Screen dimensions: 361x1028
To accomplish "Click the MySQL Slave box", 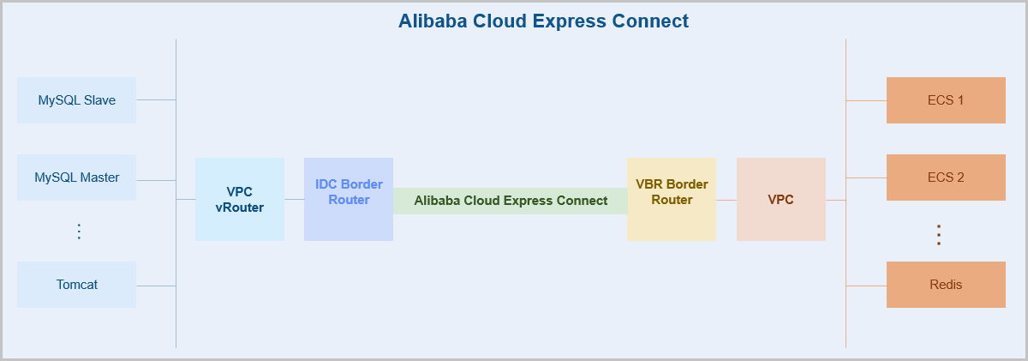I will pos(76,100).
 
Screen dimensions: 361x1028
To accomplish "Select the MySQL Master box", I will pos(76,177).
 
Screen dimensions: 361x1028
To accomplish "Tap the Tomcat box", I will pos(76,285).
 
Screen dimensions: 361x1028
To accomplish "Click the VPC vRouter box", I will pos(240,199).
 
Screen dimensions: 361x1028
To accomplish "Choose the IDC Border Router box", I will pos(349,199).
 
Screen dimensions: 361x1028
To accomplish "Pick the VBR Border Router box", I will pos(672,199).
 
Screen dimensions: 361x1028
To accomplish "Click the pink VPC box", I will pos(780,199).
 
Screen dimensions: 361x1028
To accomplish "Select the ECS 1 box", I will pos(946,100).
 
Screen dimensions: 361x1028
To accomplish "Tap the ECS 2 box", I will pos(946,177).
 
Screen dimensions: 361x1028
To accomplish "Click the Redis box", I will pos(946,285).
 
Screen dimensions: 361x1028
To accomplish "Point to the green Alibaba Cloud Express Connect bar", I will pos(511,201).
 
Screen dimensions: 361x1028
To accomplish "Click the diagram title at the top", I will pos(543,21).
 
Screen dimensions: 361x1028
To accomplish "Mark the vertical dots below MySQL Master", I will pos(79,232).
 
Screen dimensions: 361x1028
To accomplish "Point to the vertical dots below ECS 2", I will pos(939,235).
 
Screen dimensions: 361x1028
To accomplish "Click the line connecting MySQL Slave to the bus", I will pos(156,100).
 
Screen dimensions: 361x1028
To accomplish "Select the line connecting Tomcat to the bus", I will pos(156,286).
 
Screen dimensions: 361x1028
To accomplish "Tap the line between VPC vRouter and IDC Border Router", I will pos(294,200).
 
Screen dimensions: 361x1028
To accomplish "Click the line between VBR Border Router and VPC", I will pos(726,200).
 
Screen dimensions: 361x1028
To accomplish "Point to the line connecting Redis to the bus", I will pos(866,286).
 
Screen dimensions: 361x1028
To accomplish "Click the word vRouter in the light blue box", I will pos(240,208).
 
